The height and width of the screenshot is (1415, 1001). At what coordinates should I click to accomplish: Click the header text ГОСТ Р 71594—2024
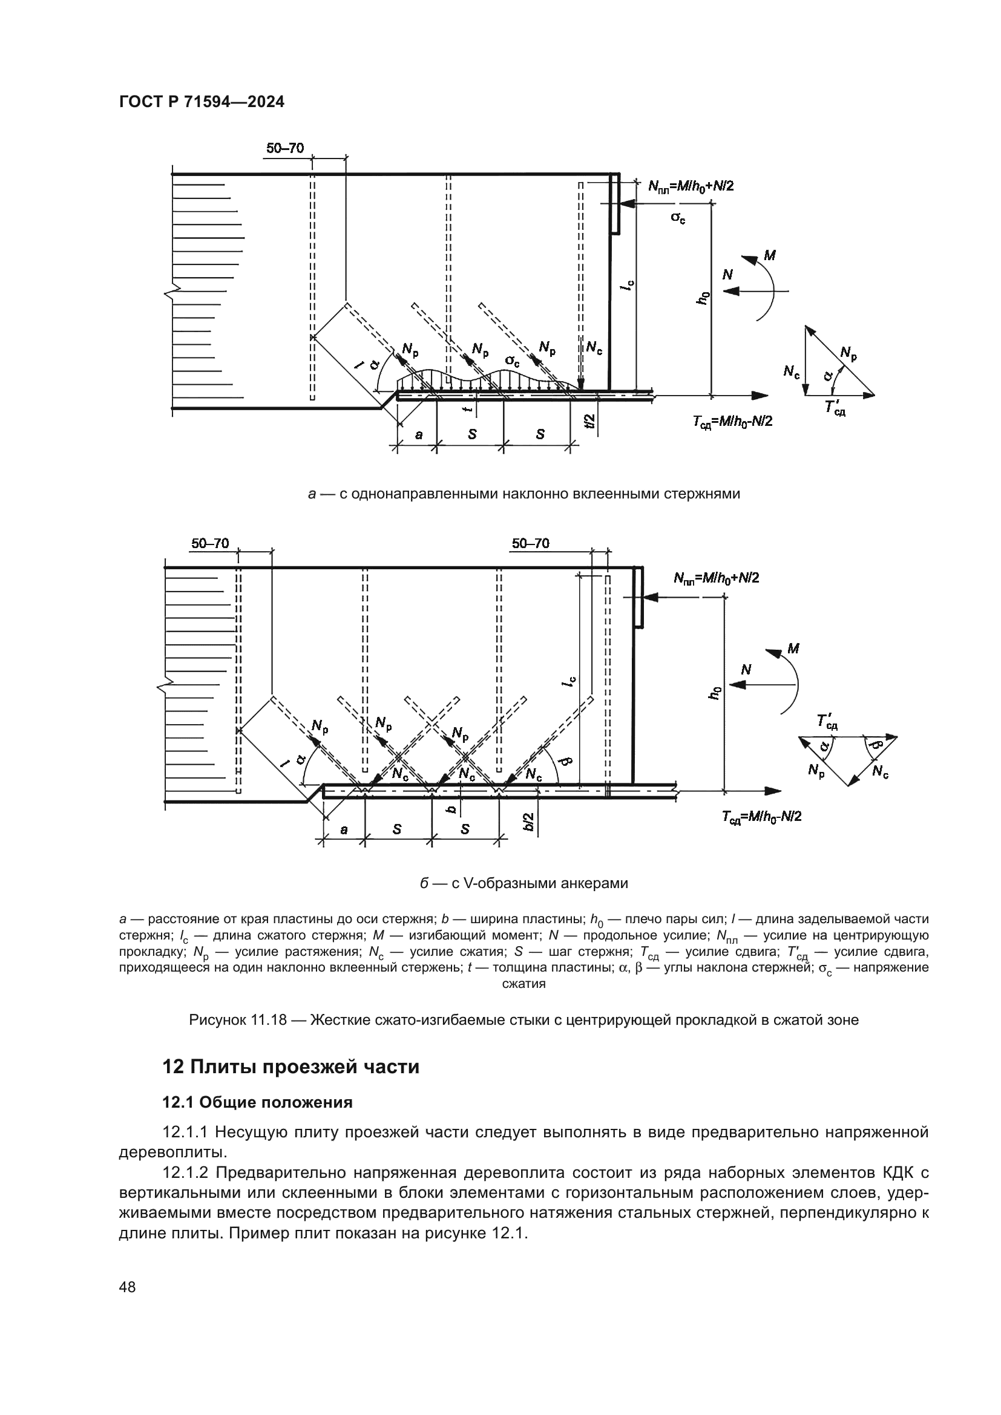pyautogui.click(x=202, y=102)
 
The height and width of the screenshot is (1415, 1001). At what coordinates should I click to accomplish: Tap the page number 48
pyautogui.click(x=128, y=1287)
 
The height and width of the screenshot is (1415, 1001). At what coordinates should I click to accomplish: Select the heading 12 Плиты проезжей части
pyautogui.click(x=290, y=1066)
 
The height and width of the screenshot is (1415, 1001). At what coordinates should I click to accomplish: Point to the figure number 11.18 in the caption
pyautogui.click(x=269, y=1020)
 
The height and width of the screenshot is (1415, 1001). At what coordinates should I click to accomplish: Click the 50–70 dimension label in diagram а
pyautogui.click(x=285, y=148)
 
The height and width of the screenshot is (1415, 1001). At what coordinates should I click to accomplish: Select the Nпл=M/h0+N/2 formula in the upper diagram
pyautogui.click(x=691, y=186)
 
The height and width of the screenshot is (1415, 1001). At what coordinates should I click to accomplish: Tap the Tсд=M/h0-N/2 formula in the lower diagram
pyautogui.click(x=761, y=817)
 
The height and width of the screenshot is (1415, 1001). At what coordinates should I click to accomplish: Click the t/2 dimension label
pyautogui.click(x=591, y=421)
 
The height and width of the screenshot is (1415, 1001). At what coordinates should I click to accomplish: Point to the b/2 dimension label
pyautogui.click(x=528, y=822)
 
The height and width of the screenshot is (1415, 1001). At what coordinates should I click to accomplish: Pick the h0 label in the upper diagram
pyautogui.click(x=702, y=298)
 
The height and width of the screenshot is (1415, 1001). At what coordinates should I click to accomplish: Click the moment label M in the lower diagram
pyautogui.click(x=793, y=649)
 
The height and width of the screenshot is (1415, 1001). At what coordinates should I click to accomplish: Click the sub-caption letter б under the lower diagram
pyautogui.click(x=424, y=883)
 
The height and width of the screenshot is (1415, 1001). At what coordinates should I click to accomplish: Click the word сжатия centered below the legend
pyautogui.click(x=523, y=984)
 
